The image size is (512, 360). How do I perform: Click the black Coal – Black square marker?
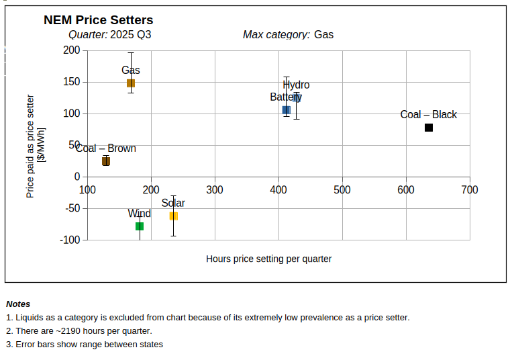point(429,128)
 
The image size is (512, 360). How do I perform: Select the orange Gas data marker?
point(131,83)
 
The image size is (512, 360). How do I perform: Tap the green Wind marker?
point(140,226)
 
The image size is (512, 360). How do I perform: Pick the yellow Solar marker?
point(174,216)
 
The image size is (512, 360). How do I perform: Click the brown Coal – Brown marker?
point(106,161)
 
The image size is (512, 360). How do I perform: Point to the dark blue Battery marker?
point(287,110)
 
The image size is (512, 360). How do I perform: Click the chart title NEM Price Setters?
point(99,20)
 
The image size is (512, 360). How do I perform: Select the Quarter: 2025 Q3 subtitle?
point(110,35)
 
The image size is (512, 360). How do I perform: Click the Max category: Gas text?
point(288,35)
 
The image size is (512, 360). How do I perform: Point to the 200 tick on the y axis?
point(72,50)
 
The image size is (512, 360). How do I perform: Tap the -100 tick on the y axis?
point(70,240)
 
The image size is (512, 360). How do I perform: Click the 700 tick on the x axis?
point(470,190)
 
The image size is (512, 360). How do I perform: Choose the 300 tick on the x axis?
point(215,190)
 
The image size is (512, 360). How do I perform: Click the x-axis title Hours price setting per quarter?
point(268,259)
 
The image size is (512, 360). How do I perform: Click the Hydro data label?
point(297,85)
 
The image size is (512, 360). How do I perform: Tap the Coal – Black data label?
point(428,115)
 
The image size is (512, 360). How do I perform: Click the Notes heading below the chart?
point(18,304)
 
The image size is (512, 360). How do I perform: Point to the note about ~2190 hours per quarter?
point(79,331)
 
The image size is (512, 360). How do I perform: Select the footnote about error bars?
point(85,345)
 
